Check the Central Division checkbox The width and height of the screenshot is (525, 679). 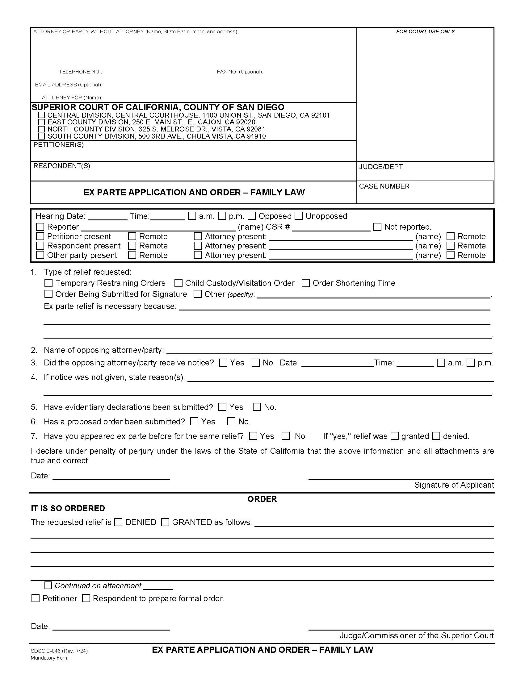[41, 115]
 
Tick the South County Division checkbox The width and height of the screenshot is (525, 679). [41, 136]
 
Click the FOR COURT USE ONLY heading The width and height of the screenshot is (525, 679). [425, 31]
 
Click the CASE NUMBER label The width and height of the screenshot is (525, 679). [384, 186]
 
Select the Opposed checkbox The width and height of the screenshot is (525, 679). [252, 216]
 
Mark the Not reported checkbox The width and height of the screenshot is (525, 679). [377, 227]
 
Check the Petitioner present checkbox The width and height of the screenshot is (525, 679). [40, 236]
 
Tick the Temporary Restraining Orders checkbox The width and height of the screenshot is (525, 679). [48, 283]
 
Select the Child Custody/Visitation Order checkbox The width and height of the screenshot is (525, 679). [178, 283]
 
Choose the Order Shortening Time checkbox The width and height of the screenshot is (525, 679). [306, 283]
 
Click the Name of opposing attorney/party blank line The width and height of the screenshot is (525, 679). [329, 351]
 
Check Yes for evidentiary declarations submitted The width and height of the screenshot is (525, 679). [222, 407]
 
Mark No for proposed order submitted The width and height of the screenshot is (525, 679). [231, 421]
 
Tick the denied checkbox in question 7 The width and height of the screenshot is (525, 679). [436, 436]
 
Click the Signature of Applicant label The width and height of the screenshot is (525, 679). [454, 485]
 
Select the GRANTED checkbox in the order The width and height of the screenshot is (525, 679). [166, 522]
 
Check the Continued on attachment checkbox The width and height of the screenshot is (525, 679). [48, 585]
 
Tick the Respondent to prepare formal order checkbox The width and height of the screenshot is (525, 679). [86, 598]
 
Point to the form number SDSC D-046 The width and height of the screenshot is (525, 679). [59, 651]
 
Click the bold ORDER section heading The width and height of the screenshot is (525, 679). [262, 499]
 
